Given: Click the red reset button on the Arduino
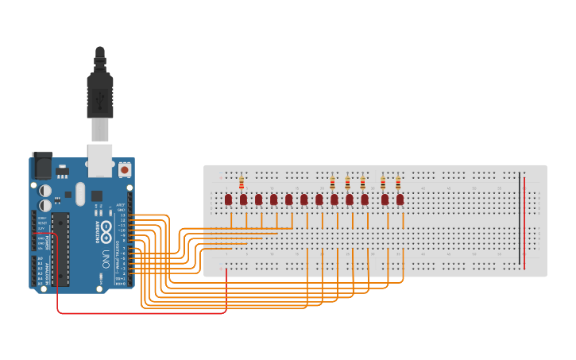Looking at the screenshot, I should (124, 169).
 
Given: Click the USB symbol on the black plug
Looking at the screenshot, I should (100, 99).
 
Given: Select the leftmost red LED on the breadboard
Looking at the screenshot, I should (228, 199).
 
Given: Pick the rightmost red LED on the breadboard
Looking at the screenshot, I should (400, 199).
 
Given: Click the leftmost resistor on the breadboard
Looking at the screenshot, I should (241, 183).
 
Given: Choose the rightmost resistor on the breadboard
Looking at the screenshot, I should (398, 183).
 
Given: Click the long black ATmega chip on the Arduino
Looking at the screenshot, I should (60, 249).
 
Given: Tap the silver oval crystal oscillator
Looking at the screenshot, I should (79, 193).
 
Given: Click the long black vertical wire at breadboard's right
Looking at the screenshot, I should (520, 219).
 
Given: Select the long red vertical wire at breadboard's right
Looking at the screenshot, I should (524, 223).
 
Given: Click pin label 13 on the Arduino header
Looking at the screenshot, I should (122, 215).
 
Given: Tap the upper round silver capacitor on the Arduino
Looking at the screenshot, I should (46, 191).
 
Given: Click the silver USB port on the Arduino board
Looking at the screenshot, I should (99, 161).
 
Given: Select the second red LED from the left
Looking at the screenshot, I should (243, 199).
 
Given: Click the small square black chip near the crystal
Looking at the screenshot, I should (97, 195).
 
